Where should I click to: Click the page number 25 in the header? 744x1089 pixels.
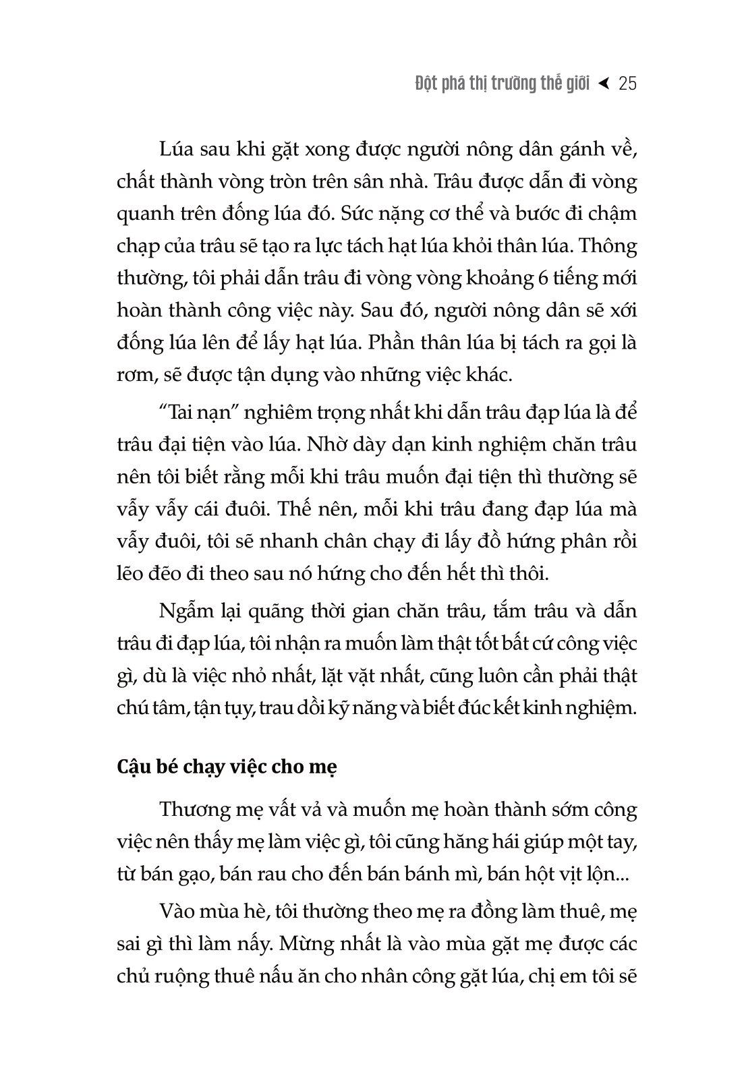pyautogui.click(x=627, y=84)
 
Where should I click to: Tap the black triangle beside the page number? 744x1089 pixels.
pyautogui.click(x=604, y=83)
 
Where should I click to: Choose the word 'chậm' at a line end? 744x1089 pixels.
pyautogui.click(x=612, y=214)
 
